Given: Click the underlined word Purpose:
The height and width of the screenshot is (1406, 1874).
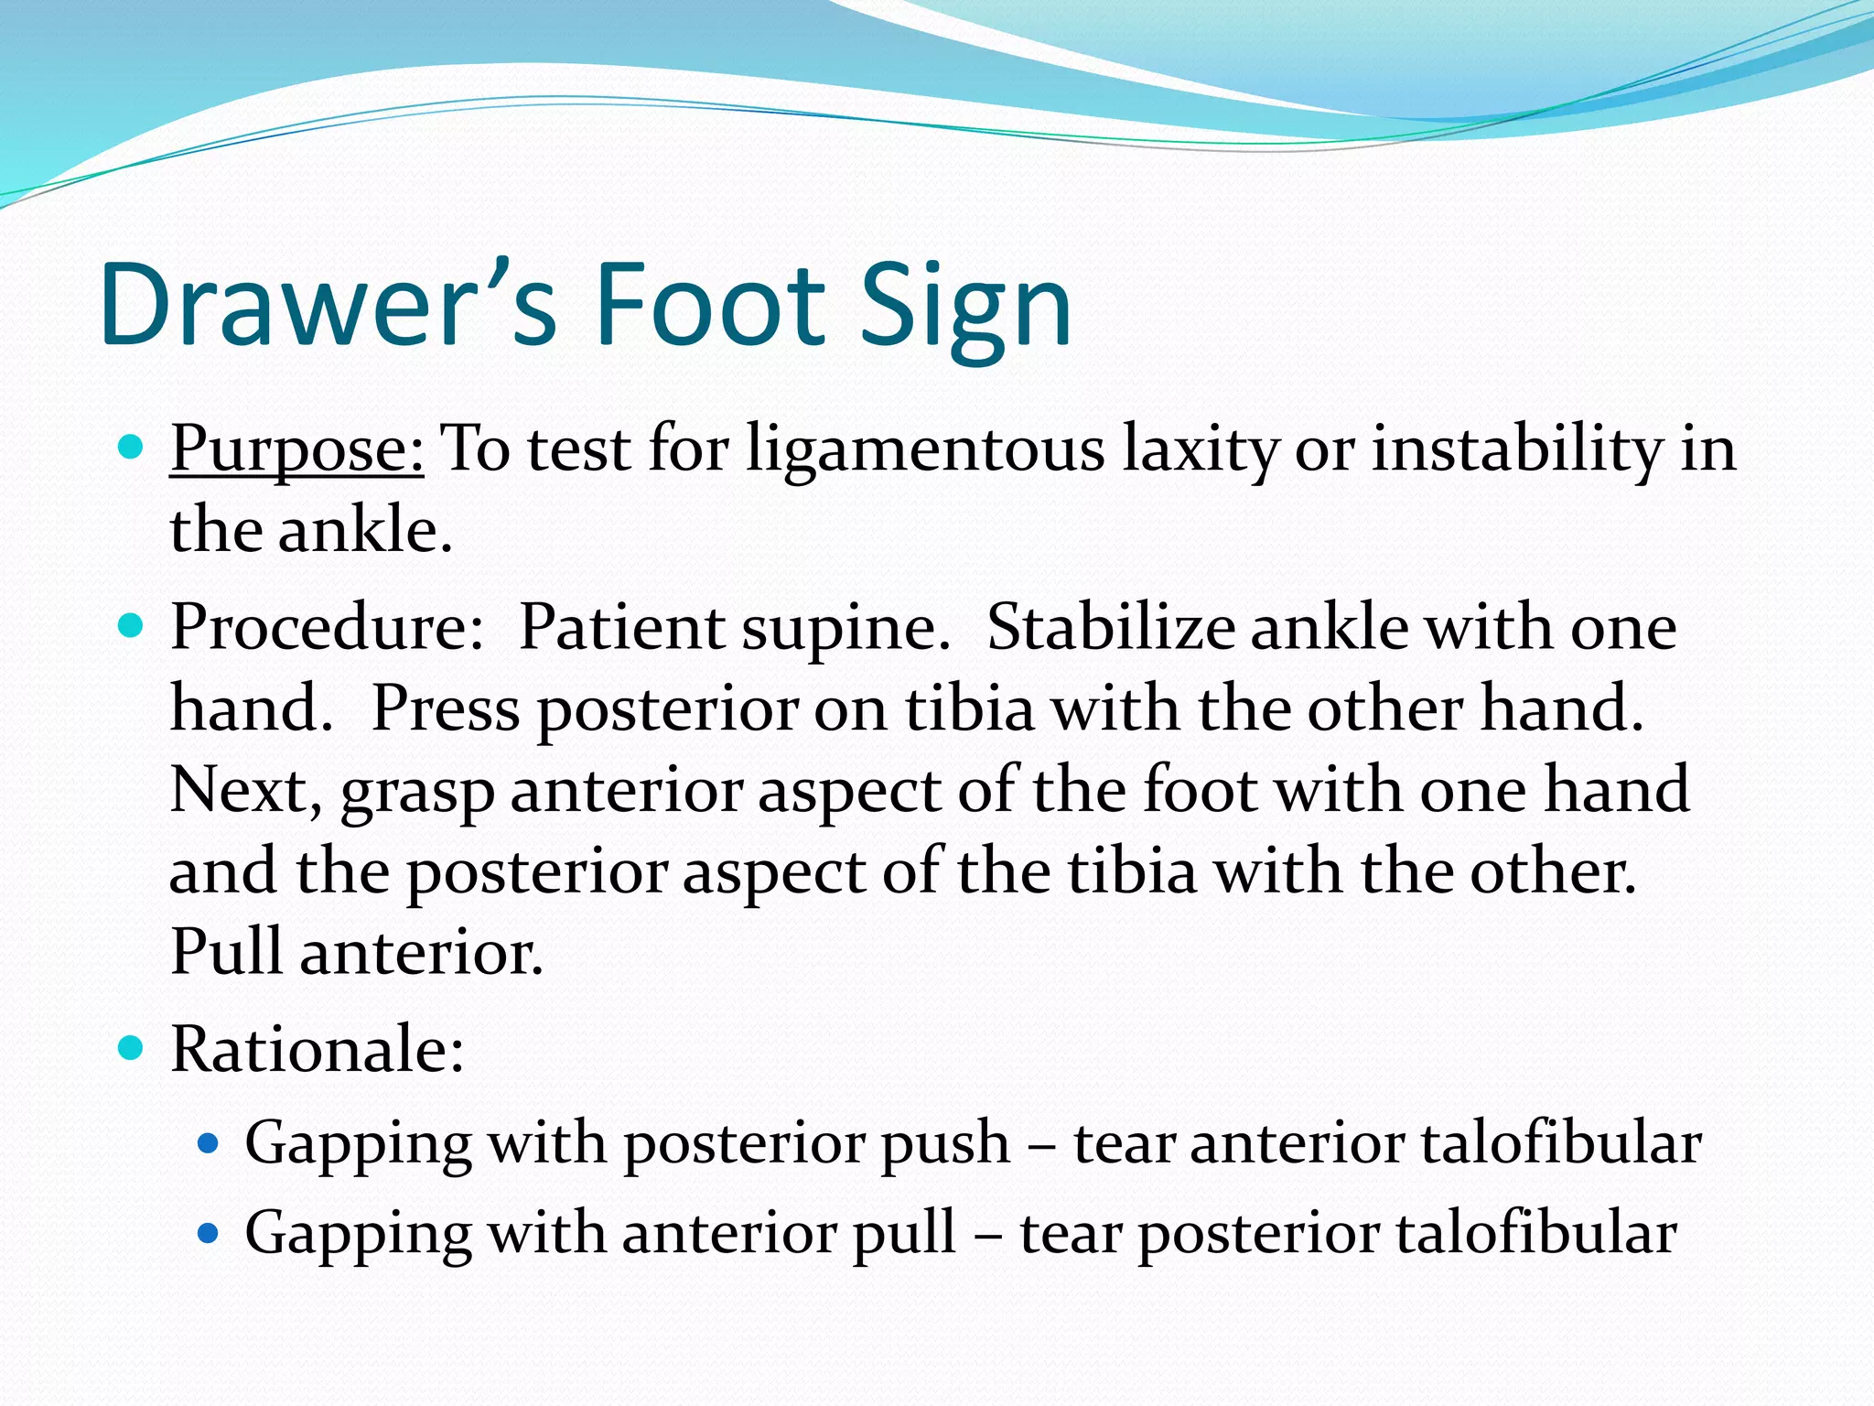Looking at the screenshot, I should pyautogui.click(x=296, y=450).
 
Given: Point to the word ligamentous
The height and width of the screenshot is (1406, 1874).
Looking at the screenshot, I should pyautogui.click(x=925, y=450).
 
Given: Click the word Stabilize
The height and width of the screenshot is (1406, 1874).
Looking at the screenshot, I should pyautogui.click(x=1111, y=629).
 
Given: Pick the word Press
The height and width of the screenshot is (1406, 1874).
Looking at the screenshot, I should pyautogui.click(x=445, y=709).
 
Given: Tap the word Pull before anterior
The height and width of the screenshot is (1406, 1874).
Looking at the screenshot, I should pyautogui.click(x=226, y=952).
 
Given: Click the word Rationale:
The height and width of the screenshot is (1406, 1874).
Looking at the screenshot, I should pyautogui.click(x=317, y=1049).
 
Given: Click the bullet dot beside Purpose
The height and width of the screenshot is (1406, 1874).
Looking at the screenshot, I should pyautogui.click(x=132, y=448).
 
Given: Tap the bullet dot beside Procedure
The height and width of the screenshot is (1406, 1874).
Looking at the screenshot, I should pyautogui.click(x=132, y=626).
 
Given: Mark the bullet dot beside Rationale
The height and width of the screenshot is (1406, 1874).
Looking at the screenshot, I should pyautogui.click(x=132, y=1047).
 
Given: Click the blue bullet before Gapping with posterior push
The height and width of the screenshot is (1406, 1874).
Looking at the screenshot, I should pyautogui.click(x=209, y=1143).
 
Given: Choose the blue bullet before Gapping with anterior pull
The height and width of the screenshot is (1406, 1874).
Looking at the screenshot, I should pyautogui.click(x=209, y=1233).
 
